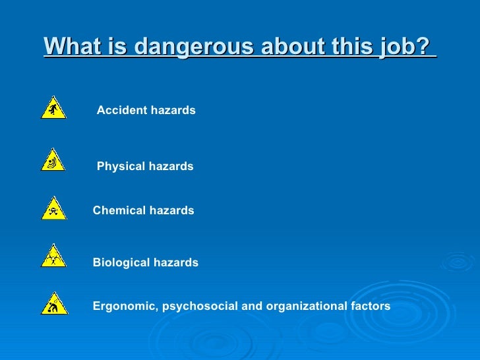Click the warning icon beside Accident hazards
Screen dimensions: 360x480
tap(53, 107)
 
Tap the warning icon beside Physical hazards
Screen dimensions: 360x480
tap(53, 160)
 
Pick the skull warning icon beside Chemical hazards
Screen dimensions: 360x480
tap(53, 209)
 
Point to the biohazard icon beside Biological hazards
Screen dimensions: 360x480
tap(53, 256)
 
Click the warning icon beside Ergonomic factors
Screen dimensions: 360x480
tap(53, 304)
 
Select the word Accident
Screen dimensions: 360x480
tap(121, 111)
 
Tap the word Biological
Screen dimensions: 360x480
tap(121, 263)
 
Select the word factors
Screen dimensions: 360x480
tap(370, 307)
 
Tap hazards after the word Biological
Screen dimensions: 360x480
tap(175, 263)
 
